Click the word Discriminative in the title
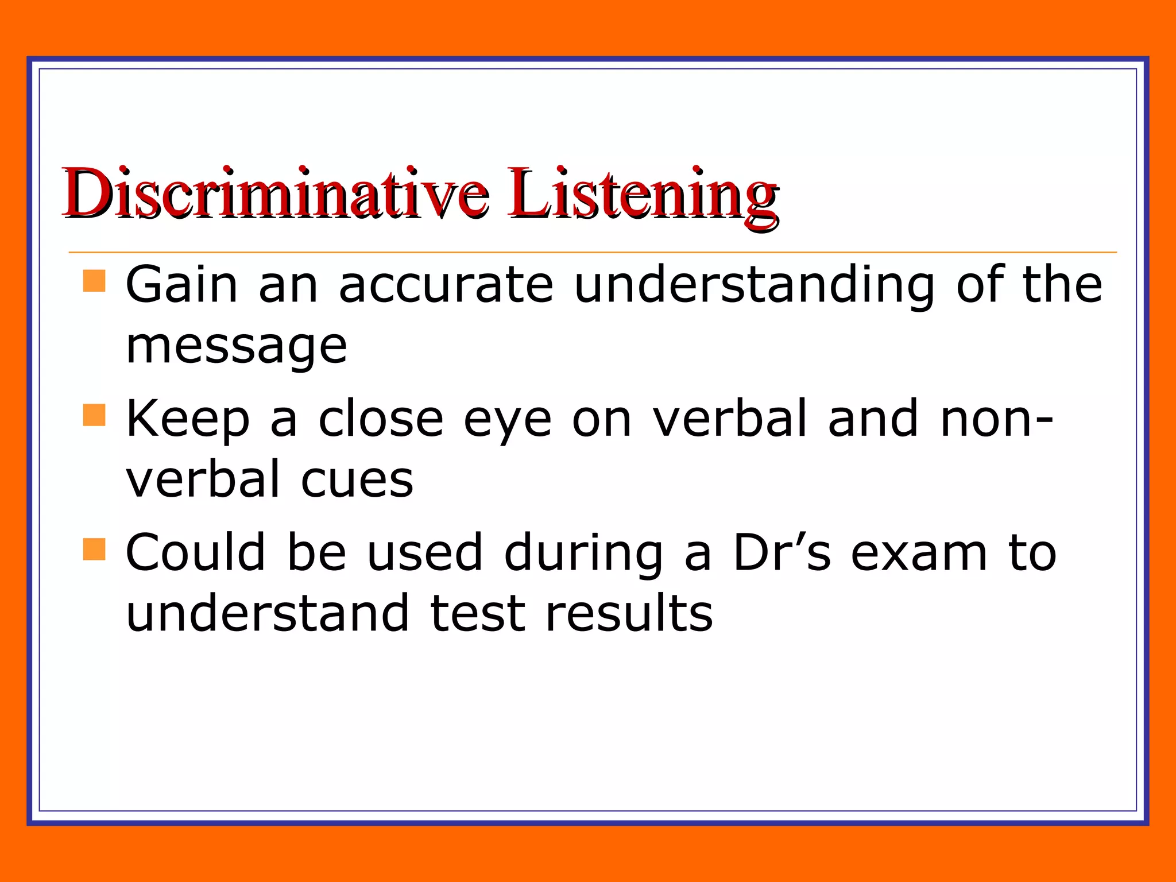click(x=276, y=194)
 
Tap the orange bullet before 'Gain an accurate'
click(x=94, y=281)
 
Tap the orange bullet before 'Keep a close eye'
click(x=94, y=415)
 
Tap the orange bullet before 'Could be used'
click(x=94, y=549)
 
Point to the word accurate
click(x=446, y=285)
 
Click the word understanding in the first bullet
click(x=754, y=285)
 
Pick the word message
click(x=236, y=347)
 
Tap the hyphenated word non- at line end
click(x=996, y=419)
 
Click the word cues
click(x=357, y=480)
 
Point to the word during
click(x=583, y=554)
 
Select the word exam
click(x=918, y=554)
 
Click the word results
click(x=629, y=613)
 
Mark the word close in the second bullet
click(x=381, y=419)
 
